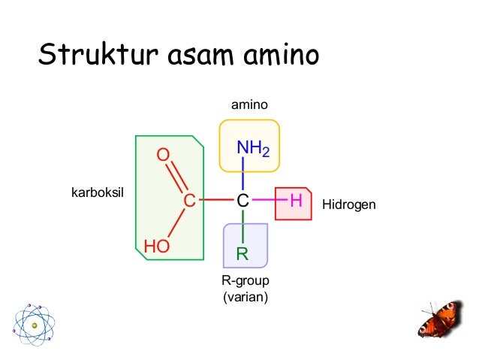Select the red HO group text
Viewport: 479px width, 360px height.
[x=156, y=246]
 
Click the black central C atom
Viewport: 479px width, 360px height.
[x=242, y=201]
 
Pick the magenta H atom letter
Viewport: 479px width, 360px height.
[x=295, y=201]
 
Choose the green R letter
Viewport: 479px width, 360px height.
[x=243, y=253]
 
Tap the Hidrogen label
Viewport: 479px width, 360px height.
[x=348, y=204]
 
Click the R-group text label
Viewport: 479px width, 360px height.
[x=245, y=280]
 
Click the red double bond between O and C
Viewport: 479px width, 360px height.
[x=176, y=177]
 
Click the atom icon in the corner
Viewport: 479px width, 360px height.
[x=34, y=325]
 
